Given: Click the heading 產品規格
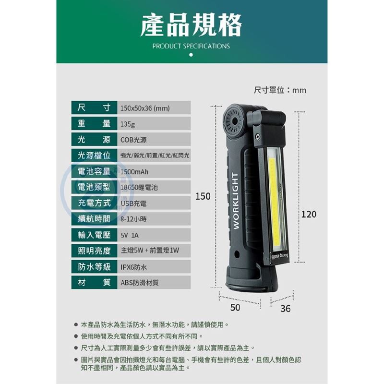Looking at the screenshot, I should [191, 25].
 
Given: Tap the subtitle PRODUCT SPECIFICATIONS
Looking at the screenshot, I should [191, 46].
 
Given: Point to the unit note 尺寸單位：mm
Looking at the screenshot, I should [280, 90].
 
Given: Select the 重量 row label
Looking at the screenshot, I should [94, 124].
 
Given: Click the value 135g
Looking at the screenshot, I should [128, 124].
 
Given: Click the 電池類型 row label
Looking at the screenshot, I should [94, 187].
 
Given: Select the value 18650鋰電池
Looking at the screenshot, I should [139, 188].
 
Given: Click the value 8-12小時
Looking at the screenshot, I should [134, 219].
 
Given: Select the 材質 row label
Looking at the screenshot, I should [94, 282].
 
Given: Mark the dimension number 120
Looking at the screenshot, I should [309, 214].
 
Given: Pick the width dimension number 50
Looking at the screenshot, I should [235, 307].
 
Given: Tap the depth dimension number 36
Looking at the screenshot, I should [285, 309].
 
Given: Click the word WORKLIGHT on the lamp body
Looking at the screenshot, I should [235, 200].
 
